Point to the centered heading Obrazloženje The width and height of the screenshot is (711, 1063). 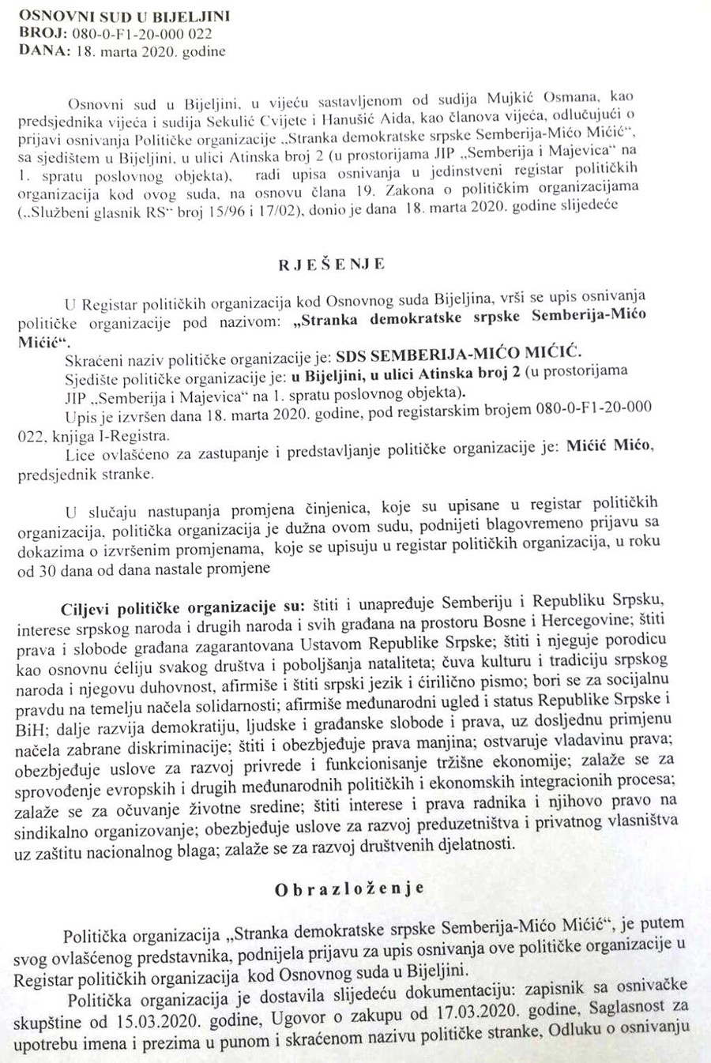pyautogui.click(x=349, y=888)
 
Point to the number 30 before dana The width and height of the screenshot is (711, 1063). pyautogui.click(x=47, y=569)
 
